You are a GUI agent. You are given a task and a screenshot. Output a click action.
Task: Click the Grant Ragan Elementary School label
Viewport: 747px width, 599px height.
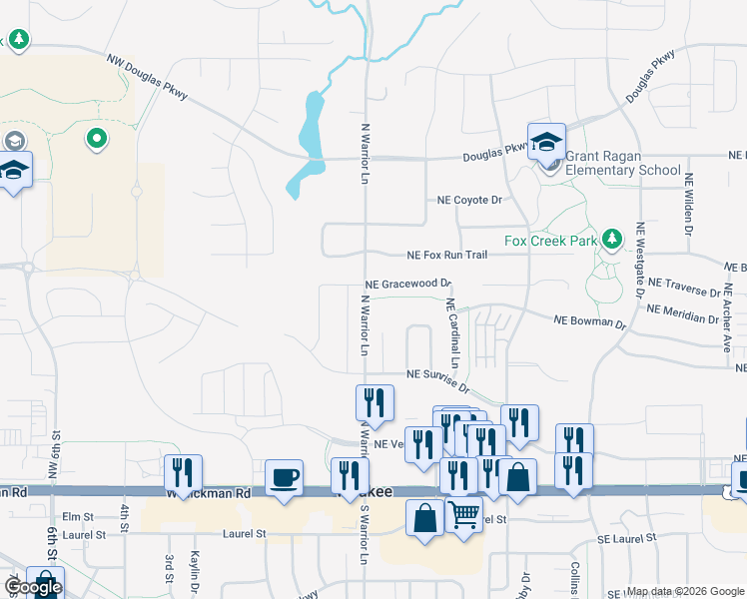tap(623, 163)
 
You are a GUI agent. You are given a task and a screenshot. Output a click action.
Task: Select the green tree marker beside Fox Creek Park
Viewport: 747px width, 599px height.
tap(613, 240)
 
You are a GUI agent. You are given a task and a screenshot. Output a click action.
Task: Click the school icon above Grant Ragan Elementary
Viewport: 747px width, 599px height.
tap(546, 142)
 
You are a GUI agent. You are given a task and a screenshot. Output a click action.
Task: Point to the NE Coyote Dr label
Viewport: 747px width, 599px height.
tap(468, 200)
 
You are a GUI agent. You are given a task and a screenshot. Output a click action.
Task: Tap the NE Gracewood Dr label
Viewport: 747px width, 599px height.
tap(408, 285)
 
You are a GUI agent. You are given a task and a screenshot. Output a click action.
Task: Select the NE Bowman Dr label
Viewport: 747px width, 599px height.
tap(589, 321)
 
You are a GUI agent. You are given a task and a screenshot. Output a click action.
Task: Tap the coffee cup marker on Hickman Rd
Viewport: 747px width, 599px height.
tap(284, 476)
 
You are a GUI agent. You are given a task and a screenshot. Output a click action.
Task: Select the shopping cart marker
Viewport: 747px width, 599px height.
tap(464, 516)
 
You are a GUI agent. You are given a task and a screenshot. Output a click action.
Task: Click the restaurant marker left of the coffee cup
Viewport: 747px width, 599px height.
tap(184, 471)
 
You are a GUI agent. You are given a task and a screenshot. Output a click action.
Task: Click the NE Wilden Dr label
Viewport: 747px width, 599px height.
tap(689, 204)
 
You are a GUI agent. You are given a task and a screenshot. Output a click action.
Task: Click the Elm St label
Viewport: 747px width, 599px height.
tap(77, 517)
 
